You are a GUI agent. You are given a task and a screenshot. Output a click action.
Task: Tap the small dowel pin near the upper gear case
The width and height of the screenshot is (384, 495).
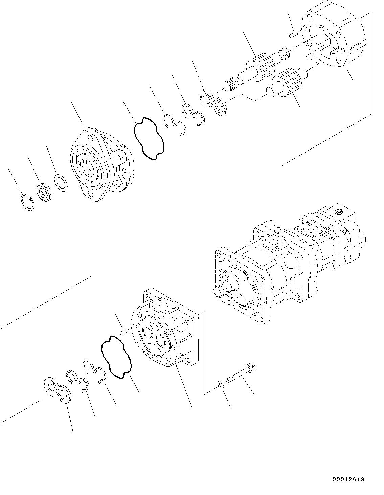tap(293, 34)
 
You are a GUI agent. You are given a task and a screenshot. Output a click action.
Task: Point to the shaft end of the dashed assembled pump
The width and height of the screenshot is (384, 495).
tap(218, 290)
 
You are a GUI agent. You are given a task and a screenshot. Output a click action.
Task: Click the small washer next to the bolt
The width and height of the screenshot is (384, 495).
tap(221, 384)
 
